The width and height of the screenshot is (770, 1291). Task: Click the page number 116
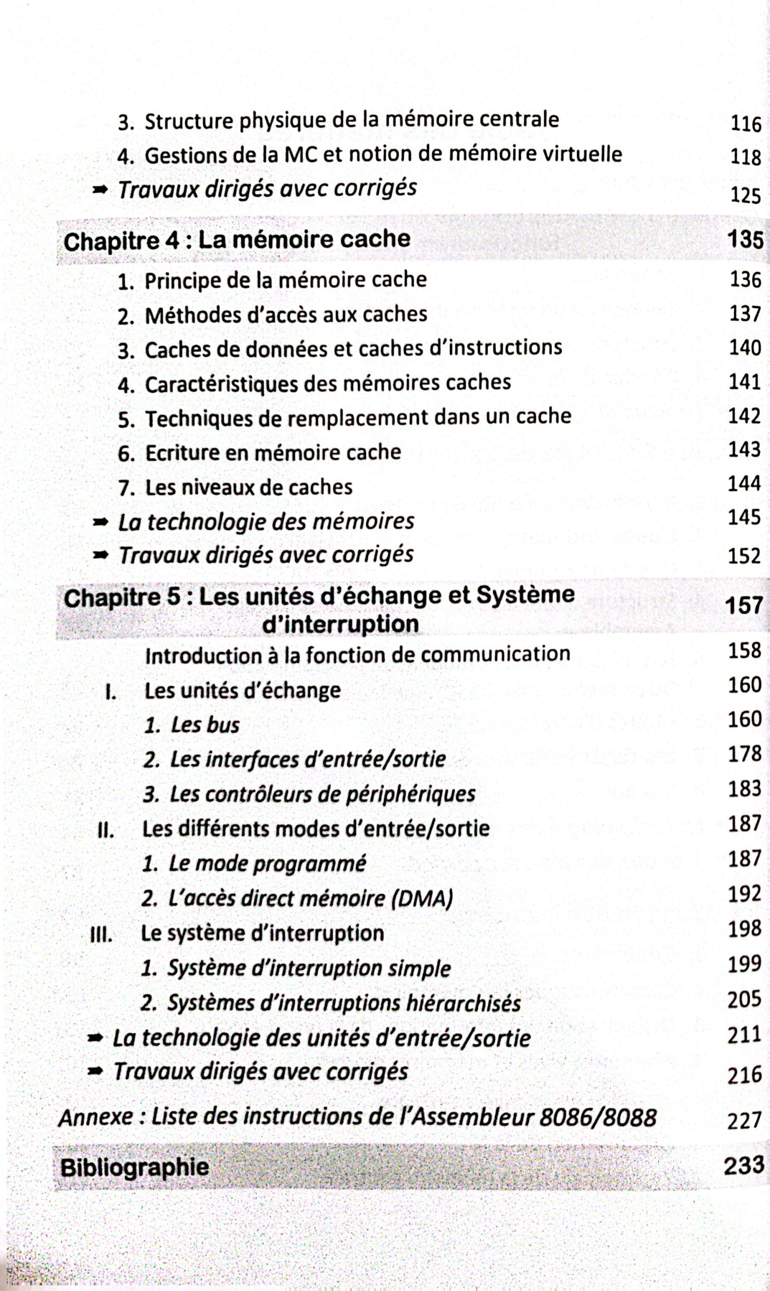pos(746,124)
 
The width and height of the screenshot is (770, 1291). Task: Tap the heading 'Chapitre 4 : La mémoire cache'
pos(236,240)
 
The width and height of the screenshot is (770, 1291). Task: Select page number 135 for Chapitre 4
pos(745,239)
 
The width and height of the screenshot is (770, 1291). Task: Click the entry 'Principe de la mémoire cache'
pos(285,281)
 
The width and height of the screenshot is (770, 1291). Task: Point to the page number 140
pos(745,347)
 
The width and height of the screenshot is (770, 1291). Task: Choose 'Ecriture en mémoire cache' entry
pos(273,452)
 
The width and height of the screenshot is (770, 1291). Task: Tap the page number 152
pos(744,556)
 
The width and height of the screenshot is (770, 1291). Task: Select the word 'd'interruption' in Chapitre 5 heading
pos(340,624)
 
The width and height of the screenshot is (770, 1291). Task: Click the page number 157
pos(744,606)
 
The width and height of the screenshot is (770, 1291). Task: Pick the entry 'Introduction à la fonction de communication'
pos(358,655)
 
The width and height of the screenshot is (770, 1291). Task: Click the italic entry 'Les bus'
pos(205,725)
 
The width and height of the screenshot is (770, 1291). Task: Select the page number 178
pos(745,754)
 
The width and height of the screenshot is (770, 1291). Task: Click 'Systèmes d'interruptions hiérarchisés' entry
pos(343,1004)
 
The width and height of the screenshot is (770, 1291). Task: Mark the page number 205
pos(745,1000)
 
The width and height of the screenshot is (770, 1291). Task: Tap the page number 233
pos(744,1165)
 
